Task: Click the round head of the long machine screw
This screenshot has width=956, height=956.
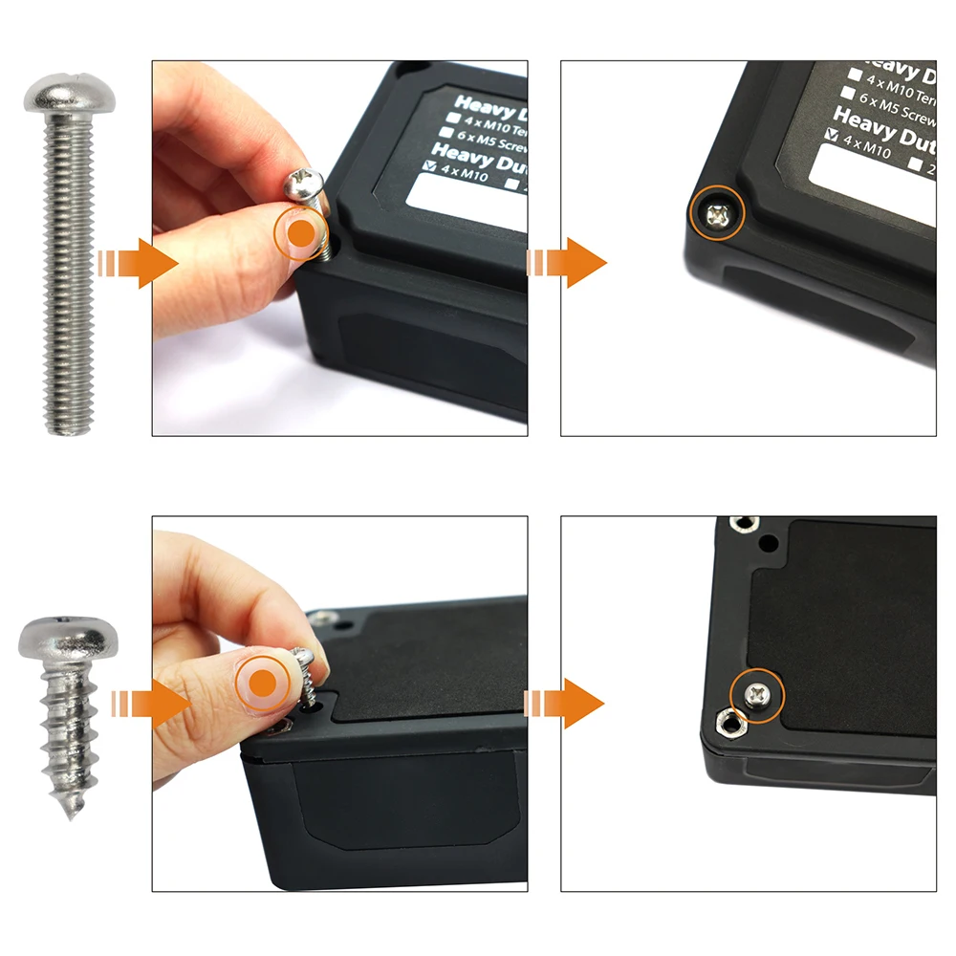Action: click(x=66, y=95)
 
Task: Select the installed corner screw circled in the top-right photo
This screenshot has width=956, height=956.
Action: click(x=719, y=216)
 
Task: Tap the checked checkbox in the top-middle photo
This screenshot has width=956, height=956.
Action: click(x=427, y=165)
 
